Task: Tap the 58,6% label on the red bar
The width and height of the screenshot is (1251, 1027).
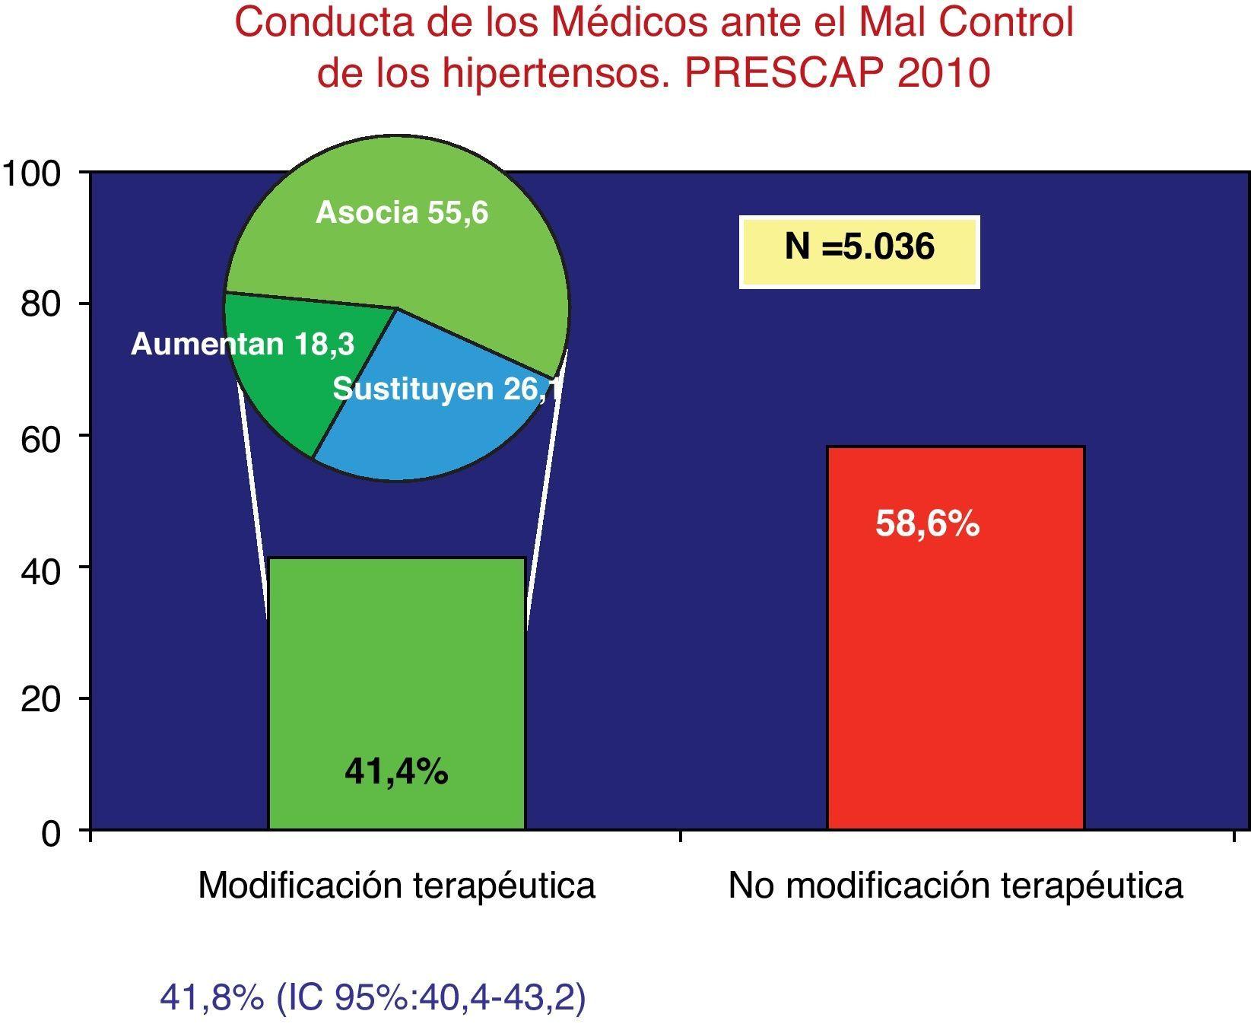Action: click(927, 524)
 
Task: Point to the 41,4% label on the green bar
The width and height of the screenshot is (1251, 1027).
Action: click(396, 773)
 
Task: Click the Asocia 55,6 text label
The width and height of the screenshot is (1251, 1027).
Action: click(402, 212)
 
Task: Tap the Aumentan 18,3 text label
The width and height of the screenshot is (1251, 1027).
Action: click(242, 345)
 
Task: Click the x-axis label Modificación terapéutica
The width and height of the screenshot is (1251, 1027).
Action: click(396, 886)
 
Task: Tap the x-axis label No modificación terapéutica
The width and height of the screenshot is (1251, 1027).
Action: click(955, 886)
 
